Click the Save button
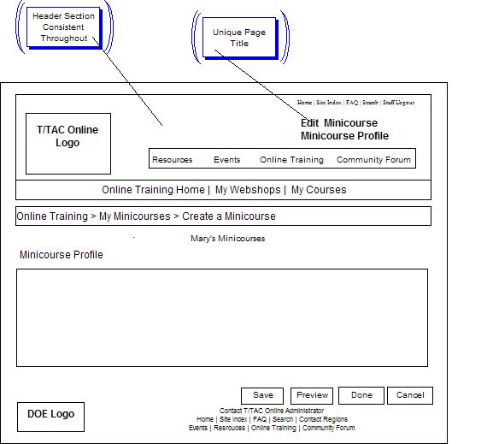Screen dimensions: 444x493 pyautogui.click(x=262, y=395)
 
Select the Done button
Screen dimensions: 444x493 pyautogui.click(x=361, y=395)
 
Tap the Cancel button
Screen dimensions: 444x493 pyautogui.click(x=410, y=395)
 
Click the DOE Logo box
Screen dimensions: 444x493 pyautogui.click(x=50, y=415)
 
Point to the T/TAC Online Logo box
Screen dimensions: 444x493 pyautogui.click(x=67, y=143)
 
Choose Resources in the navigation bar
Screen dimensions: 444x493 pyautogui.click(x=172, y=160)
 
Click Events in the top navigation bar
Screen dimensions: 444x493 pyautogui.click(x=226, y=160)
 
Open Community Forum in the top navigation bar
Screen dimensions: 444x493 pyautogui.click(x=373, y=160)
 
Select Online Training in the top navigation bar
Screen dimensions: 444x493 pyautogui.click(x=291, y=160)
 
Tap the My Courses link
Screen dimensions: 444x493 pyautogui.click(x=319, y=190)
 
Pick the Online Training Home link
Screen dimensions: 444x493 pyautogui.click(x=153, y=190)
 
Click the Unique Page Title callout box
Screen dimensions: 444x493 pyautogui.click(x=238, y=38)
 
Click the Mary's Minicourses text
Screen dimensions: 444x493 pyautogui.click(x=227, y=239)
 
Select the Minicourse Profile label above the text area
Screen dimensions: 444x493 pyautogui.click(x=61, y=255)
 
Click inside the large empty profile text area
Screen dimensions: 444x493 pyautogui.click(x=221, y=317)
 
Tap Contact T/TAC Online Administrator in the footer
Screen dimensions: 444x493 pyautogui.click(x=271, y=411)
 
